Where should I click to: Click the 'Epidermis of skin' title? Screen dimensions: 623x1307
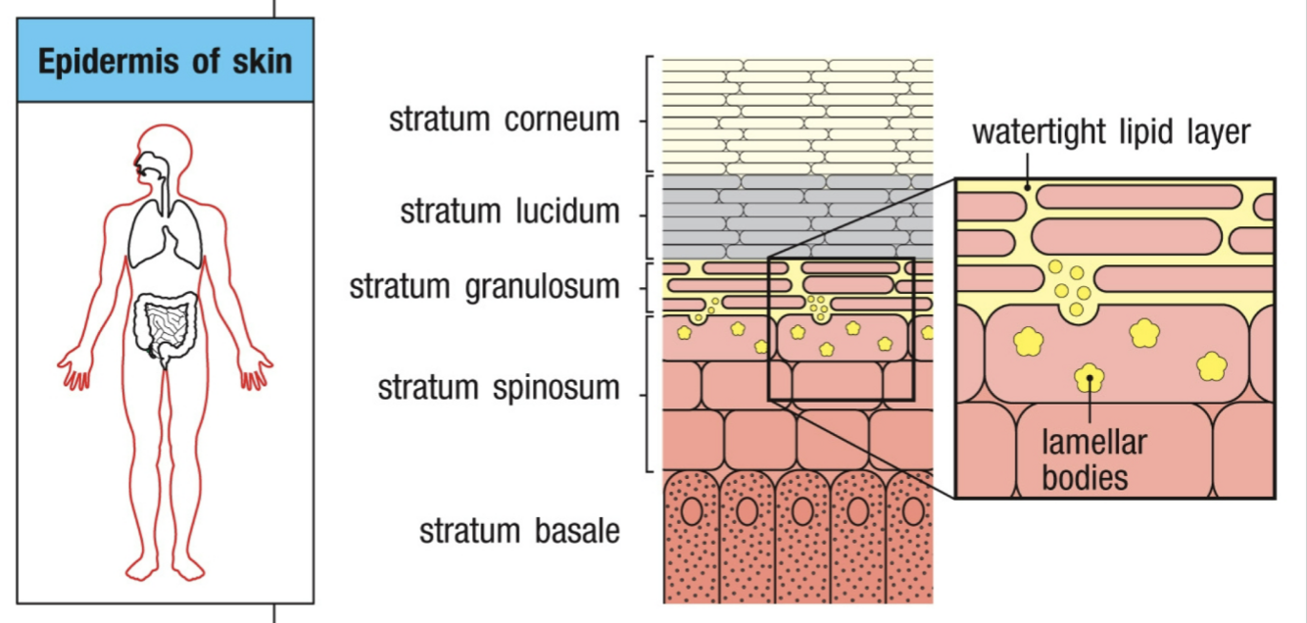tap(165, 62)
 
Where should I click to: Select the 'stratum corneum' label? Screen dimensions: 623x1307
tap(504, 120)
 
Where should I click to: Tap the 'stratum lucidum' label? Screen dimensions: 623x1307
tap(509, 211)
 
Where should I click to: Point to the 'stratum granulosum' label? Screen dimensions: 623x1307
tap(484, 287)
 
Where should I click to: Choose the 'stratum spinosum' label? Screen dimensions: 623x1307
tap(499, 388)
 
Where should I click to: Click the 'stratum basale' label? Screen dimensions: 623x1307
tap(519, 531)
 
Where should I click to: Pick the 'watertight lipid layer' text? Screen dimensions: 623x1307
tap(1111, 132)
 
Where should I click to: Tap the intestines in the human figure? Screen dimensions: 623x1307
tap(166, 324)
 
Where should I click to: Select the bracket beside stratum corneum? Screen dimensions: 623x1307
tap(648, 115)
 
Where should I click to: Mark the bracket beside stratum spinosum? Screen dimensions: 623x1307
tap(648, 393)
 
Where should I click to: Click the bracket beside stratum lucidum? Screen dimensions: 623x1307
tap(648, 216)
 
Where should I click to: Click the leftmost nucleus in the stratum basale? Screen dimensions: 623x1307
tap(692, 511)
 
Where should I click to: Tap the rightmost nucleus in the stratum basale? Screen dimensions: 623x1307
tap(913, 511)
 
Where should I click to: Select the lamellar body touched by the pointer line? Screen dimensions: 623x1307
tap(1089, 376)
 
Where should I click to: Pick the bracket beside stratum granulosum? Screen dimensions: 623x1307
tap(648, 286)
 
